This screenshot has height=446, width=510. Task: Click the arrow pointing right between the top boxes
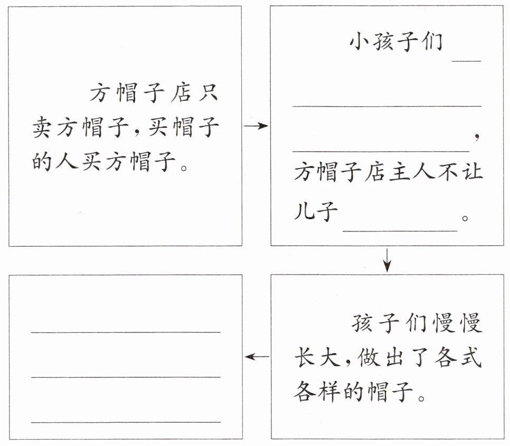point(256,126)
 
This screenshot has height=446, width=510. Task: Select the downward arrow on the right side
point(387,260)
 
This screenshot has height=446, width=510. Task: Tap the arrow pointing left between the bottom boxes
point(257,357)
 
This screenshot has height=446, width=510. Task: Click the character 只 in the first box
point(207,93)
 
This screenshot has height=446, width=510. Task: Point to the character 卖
point(42,127)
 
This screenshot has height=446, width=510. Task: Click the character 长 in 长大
point(304,357)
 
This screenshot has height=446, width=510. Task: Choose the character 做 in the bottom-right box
point(369,357)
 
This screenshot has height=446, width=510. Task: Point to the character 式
point(471,357)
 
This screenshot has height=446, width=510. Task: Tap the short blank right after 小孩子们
point(467,61)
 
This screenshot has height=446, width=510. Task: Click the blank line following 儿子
point(400,231)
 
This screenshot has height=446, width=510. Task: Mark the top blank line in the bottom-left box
point(126,332)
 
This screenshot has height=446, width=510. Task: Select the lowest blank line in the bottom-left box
point(126,422)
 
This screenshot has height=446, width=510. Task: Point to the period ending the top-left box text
point(184,169)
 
